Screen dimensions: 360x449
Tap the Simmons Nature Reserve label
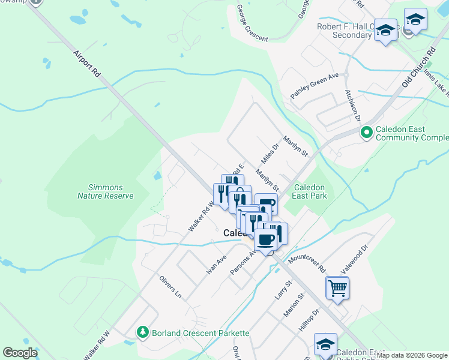pos(105,191)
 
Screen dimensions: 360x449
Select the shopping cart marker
pos(337,288)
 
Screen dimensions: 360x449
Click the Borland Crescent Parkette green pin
pos(142,332)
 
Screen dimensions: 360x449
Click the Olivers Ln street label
pos(170,287)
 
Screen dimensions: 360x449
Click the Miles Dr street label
pos(271,154)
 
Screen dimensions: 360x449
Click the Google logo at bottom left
pos(20,353)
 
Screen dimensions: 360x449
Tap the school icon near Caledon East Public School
pos(325,344)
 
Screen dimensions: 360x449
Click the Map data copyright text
pos(412,355)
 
